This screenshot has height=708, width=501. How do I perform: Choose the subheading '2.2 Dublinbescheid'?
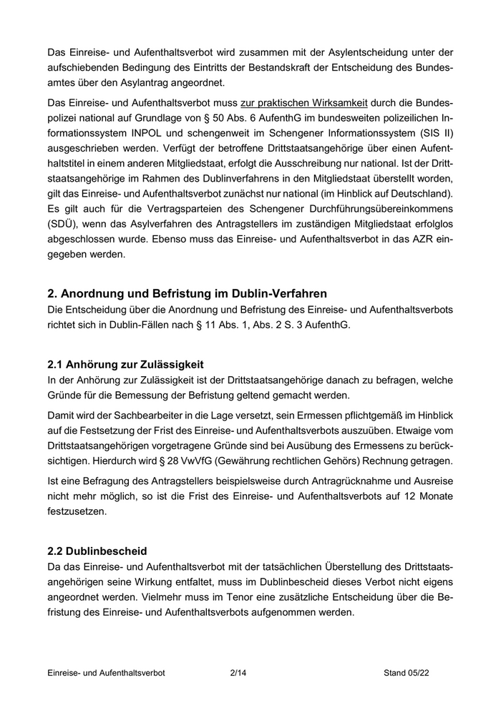[97, 551]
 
